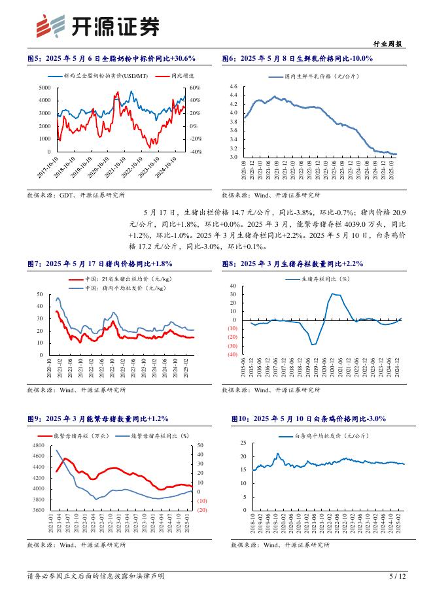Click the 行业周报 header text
click(391, 44)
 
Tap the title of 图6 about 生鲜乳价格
click(297, 59)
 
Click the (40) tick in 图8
click(232, 354)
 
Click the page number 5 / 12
click(398, 576)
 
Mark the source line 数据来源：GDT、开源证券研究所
click(76, 195)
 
